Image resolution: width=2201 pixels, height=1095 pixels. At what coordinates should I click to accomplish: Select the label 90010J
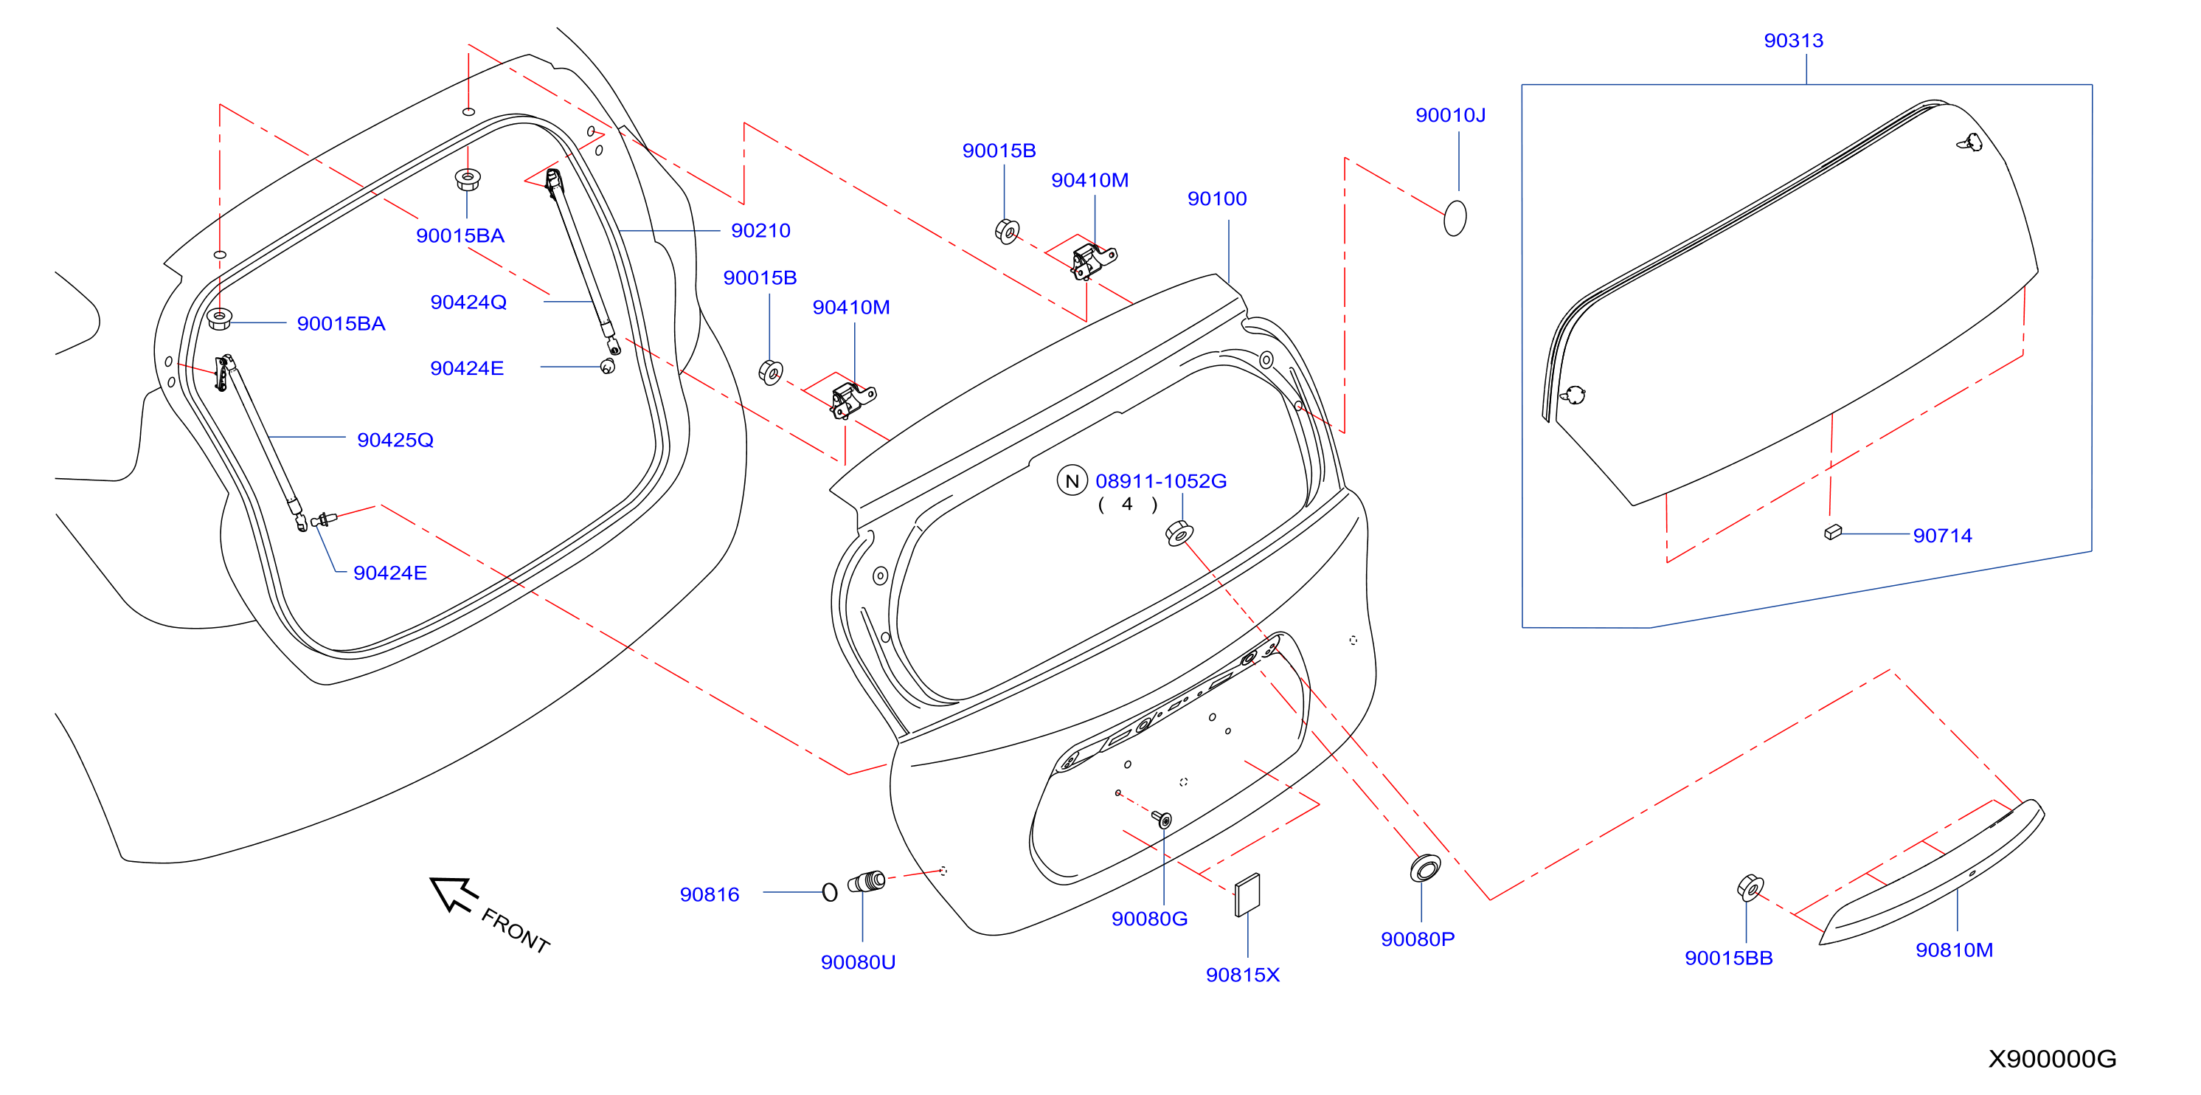tap(1450, 114)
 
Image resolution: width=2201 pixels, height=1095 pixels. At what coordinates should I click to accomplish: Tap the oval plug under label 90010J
tap(1455, 218)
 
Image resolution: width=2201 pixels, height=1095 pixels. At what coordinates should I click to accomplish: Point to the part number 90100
tap(1217, 198)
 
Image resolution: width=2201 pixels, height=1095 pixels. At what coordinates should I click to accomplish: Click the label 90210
tap(760, 230)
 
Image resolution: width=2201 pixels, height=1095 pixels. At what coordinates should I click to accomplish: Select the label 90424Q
tap(468, 302)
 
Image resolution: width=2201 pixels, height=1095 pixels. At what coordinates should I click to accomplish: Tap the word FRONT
tap(516, 930)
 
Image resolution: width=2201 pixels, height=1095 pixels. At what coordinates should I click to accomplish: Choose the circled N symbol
tap(1072, 480)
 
